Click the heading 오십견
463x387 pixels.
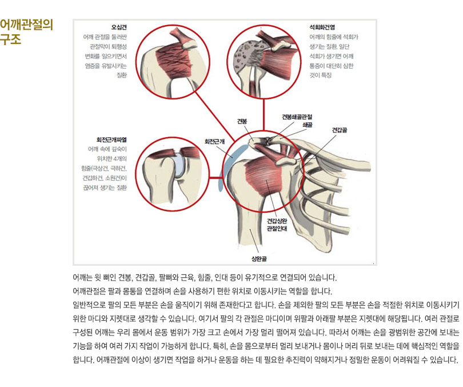coord(119,27)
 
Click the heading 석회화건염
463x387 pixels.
coord(322,27)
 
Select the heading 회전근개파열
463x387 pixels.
coord(111,139)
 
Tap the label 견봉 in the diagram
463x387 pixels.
coord(242,121)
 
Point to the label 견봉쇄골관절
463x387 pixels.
coord(297,117)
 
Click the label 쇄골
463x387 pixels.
coord(308,125)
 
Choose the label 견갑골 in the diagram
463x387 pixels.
coord(340,130)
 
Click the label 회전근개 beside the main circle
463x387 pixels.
coord(215,141)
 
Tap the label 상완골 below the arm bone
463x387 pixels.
coord(259,259)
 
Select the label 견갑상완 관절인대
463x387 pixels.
coord(277,225)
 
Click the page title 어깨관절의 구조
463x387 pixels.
coord(26,31)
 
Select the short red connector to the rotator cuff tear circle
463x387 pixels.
coord(216,178)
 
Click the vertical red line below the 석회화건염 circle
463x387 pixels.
coord(263,114)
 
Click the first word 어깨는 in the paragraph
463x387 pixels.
coord(82,277)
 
